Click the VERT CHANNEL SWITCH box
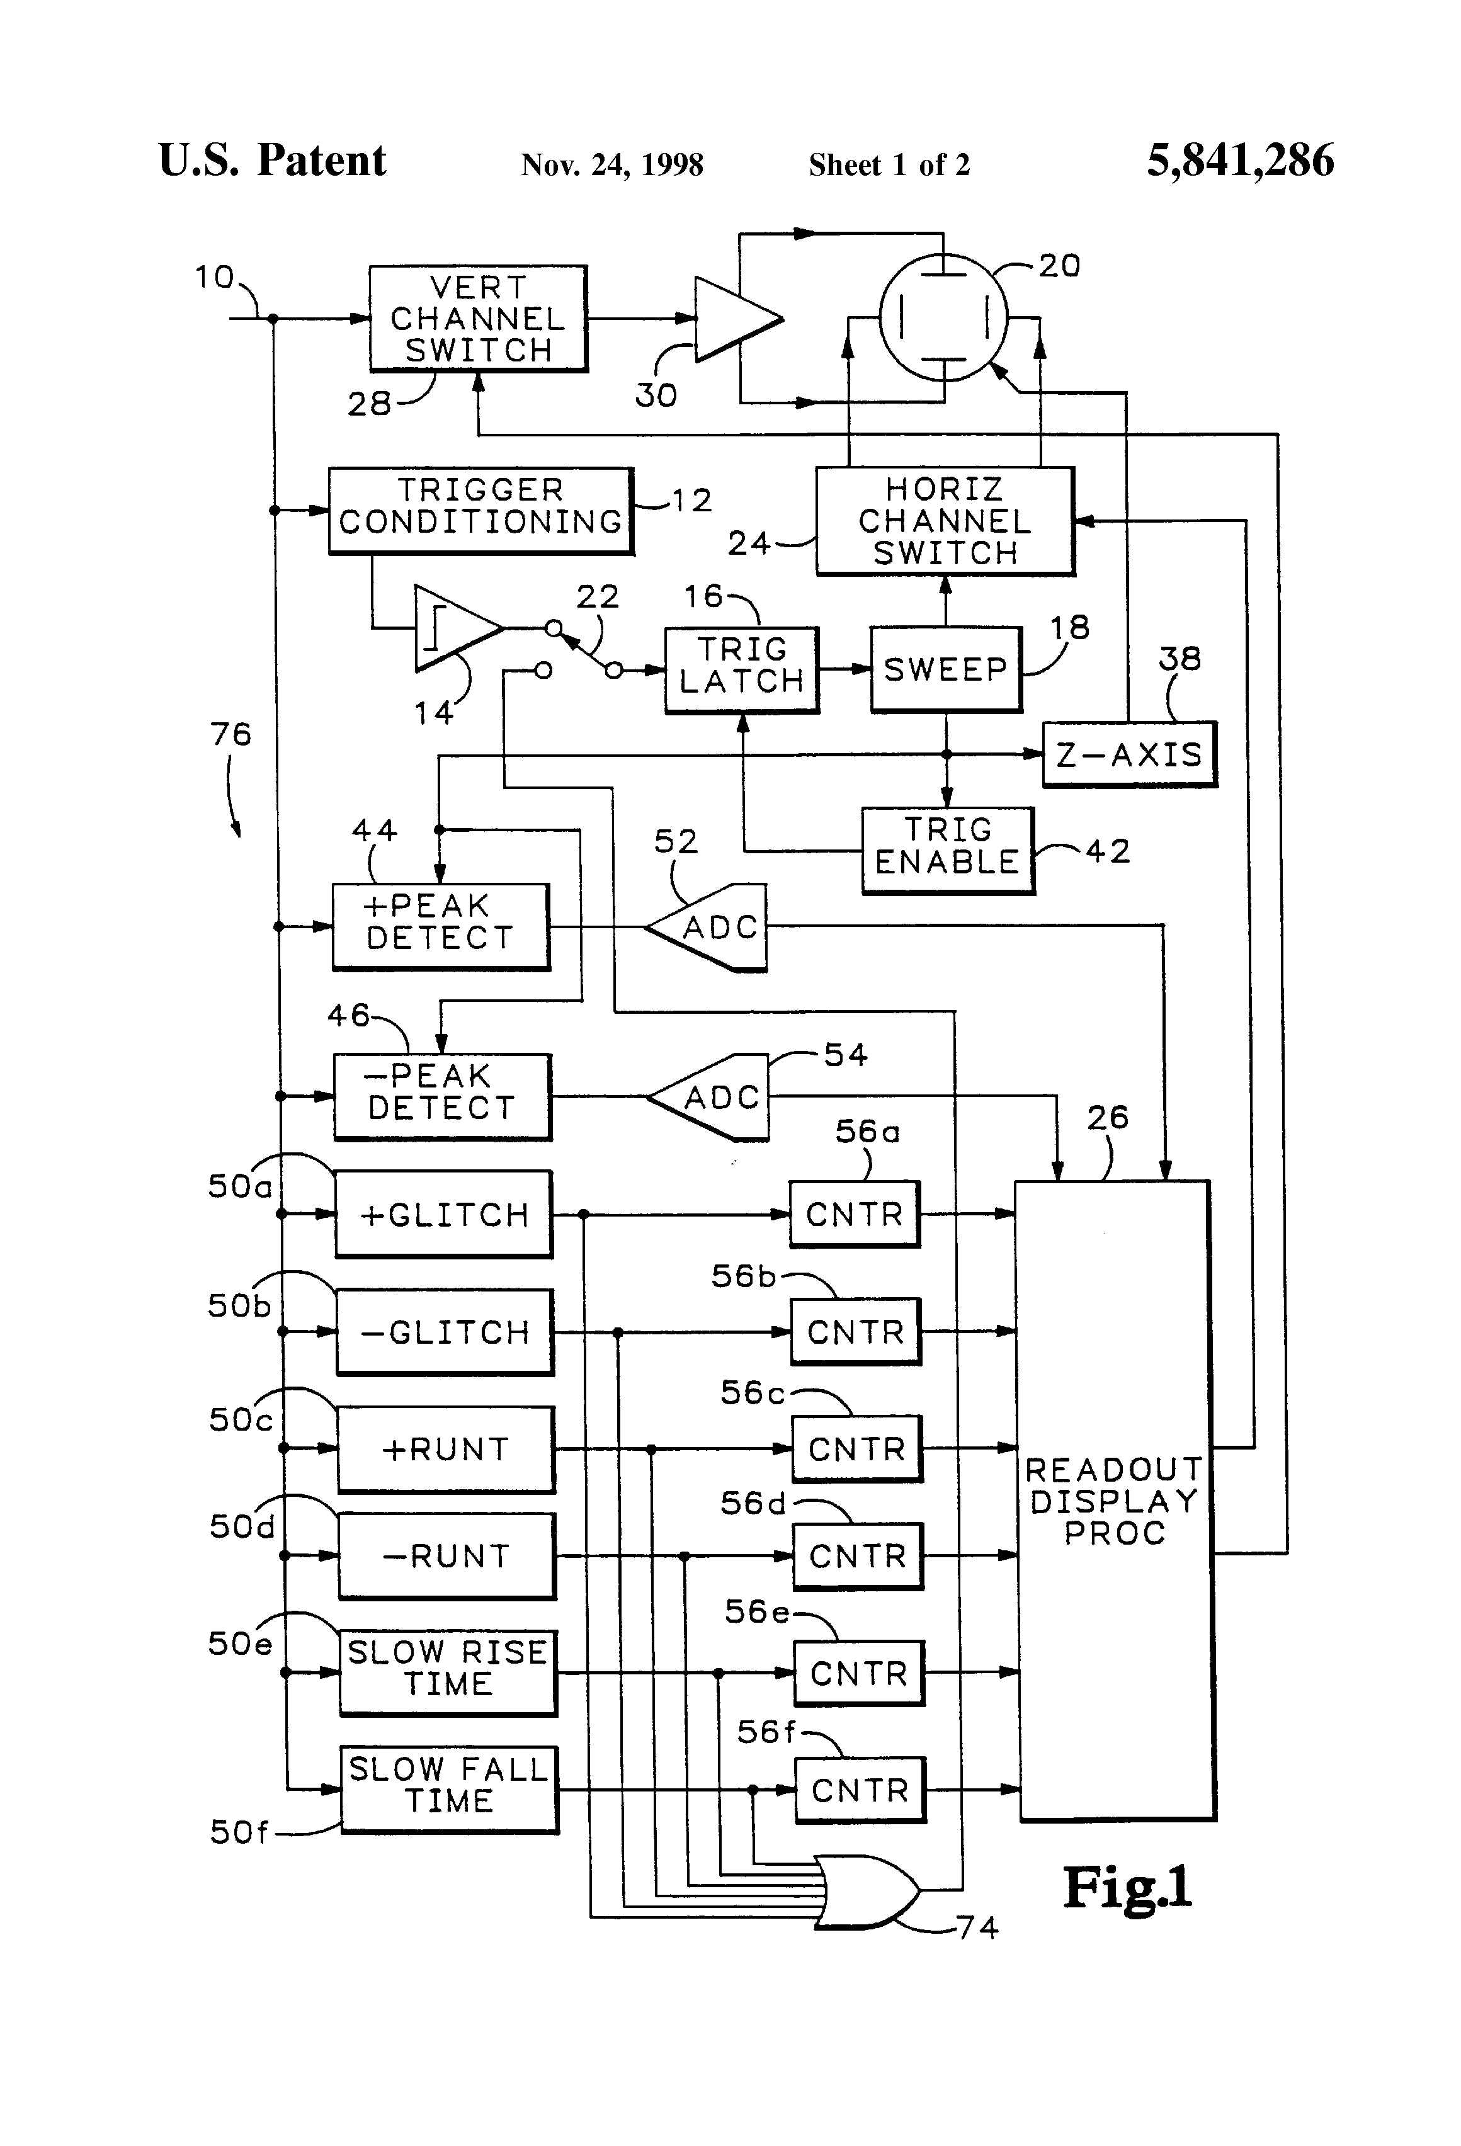(x=477, y=319)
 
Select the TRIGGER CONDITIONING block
(x=480, y=511)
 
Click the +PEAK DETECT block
(x=441, y=927)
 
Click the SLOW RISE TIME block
(x=448, y=1672)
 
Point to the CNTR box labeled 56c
(x=857, y=1449)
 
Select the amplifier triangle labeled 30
(x=734, y=319)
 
